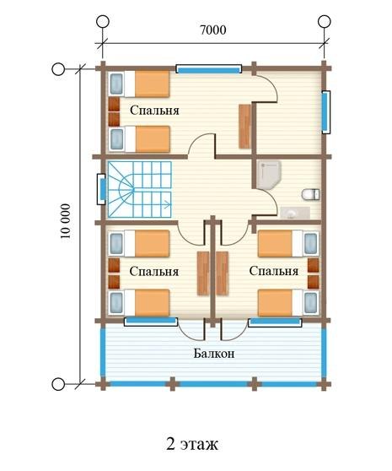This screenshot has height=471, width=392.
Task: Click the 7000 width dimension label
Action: click(x=213, y=30)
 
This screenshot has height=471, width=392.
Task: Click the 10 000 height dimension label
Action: click(x=66, y=221)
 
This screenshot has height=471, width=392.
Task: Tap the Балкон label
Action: click(x=214, y=354)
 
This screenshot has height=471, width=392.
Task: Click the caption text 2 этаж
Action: click(x=192, y=444)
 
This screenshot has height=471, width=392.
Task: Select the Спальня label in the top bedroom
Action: click(x=154, y=111)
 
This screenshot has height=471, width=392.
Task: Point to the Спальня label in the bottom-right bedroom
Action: click(x=273, y=271)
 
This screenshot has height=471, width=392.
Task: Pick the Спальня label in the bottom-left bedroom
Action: click(x=154, y=272)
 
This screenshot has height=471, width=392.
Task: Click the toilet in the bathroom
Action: click(x=310, y=194)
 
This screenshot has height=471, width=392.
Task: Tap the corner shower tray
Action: click(x=269, y=175)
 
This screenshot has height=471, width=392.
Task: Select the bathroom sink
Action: click(x=295, y=213)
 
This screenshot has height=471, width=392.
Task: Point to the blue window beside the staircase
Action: click(x=102, y=189)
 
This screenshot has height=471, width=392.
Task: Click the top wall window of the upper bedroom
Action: click(x=209, y=69)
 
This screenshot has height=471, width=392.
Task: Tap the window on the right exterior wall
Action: click(x=325, y=112)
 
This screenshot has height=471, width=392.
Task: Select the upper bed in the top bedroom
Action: click(x=139, y=84)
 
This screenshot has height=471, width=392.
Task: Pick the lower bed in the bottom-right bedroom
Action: click(x=288, y=302)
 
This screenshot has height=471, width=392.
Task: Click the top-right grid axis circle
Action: click(x=324, y=22)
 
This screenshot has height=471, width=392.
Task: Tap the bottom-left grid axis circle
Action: click(x=58, y=384)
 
